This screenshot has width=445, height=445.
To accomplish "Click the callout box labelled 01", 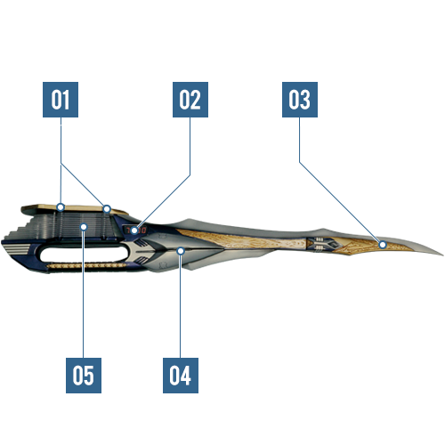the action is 61,100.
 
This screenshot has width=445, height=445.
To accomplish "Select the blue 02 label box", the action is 190,100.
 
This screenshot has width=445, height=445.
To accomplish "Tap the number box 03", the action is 300,100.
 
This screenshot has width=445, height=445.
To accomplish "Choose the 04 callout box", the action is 181,376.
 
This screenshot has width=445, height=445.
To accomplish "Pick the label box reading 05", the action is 84,376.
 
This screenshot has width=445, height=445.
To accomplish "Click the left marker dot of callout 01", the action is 61,207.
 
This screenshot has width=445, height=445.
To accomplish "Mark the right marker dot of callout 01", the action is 107,209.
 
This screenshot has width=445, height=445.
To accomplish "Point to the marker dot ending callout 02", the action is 134,231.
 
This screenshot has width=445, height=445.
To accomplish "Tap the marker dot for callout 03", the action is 383,245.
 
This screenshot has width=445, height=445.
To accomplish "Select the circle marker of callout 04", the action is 181,251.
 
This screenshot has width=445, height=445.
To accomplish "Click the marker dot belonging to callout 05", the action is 84,227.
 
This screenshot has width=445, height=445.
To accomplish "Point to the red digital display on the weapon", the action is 135,231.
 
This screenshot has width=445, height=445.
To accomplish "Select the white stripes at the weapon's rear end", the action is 16,250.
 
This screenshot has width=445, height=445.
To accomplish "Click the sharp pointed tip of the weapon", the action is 443,255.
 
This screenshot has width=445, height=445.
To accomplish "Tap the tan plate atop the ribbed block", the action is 74,209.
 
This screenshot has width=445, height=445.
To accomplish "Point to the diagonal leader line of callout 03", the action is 340,202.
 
